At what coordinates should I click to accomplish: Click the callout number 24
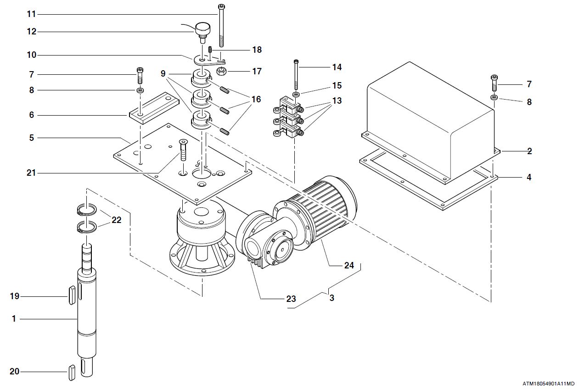349,265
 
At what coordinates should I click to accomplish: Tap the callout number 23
291,299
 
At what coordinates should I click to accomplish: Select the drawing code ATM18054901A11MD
550,384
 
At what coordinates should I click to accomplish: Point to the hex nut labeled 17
221,71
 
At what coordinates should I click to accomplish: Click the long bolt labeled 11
221,25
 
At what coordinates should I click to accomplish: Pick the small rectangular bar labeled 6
154,108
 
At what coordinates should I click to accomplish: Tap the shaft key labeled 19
72,295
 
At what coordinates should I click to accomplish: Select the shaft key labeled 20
72,373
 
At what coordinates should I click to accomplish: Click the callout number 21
31,173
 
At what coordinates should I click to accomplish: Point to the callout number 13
337,100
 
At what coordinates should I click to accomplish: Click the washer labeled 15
296,94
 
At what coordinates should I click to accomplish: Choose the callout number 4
529,177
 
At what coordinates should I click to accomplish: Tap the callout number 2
529,151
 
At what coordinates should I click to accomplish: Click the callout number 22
116,220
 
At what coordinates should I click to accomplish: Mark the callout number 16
256,99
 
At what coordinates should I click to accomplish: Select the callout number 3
332,298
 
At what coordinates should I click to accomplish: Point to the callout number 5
32,138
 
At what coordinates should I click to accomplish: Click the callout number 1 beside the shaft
14,319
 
